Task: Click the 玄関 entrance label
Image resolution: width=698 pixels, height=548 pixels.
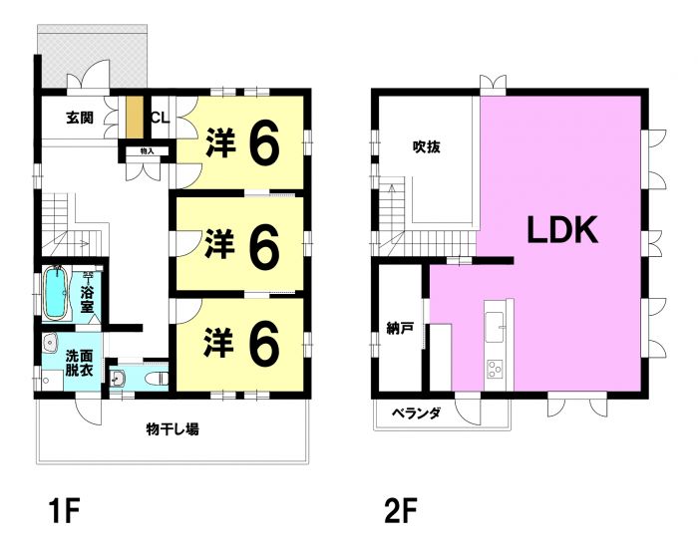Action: pyautogui.click(x=80, y=118)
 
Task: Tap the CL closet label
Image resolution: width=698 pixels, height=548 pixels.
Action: pyautogui.click(x=160, y=118)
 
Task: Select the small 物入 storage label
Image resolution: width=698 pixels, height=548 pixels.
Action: pyautogui.click(x=147, y=151)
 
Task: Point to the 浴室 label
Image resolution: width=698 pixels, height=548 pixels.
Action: pyautogui.click(x=88, y=299)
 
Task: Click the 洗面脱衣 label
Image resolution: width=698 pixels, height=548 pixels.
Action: pyautogui.click(x=80, y=363)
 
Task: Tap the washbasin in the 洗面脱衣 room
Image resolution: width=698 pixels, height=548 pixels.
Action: pyautogui.click(x=51, y=343)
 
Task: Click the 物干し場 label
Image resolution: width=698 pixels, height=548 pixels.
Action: pyautogui.click(x=173, y=429)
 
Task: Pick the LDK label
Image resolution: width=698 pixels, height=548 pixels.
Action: pyautogui.click(x=562, y=229)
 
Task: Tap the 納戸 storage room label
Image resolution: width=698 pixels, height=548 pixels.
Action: pyautogui.click(x=400, y=328)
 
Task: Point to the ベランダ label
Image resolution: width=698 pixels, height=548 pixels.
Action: pyautogui.click(x=416, y=413)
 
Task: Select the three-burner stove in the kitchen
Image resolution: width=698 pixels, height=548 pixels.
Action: pyautogui.click(x=495, y=369)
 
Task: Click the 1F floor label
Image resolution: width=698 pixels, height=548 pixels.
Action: pyautogui.click(x=65, y=512)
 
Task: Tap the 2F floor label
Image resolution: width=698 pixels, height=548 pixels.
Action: pyautogui.click(x=400, y=512)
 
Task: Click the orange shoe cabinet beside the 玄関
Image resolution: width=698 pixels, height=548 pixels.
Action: pyautogui.click(x=135, y=117)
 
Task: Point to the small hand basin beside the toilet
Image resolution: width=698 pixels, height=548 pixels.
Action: pyautogui.click(x=119, y=379)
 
